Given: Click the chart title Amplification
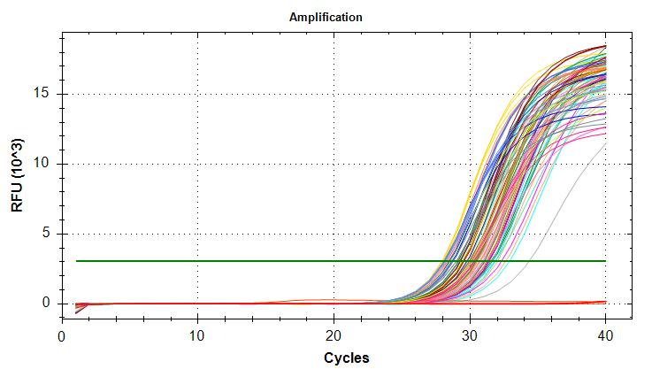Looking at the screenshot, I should [326, 18].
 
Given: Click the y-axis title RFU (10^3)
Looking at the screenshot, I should [19, 175].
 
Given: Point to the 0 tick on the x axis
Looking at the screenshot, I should [62, 336].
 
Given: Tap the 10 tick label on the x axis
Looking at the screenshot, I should [197, 336].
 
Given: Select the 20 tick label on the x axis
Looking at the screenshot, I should [334, 336].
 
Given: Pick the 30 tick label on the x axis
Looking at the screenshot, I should [470, 336].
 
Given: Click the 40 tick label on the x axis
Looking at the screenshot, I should [606, 336].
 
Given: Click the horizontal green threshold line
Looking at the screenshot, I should [265, 261].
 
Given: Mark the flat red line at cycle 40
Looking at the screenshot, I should [605, 302].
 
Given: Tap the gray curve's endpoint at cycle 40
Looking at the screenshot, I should [606, 144].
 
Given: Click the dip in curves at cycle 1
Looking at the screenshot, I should [76, 312].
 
